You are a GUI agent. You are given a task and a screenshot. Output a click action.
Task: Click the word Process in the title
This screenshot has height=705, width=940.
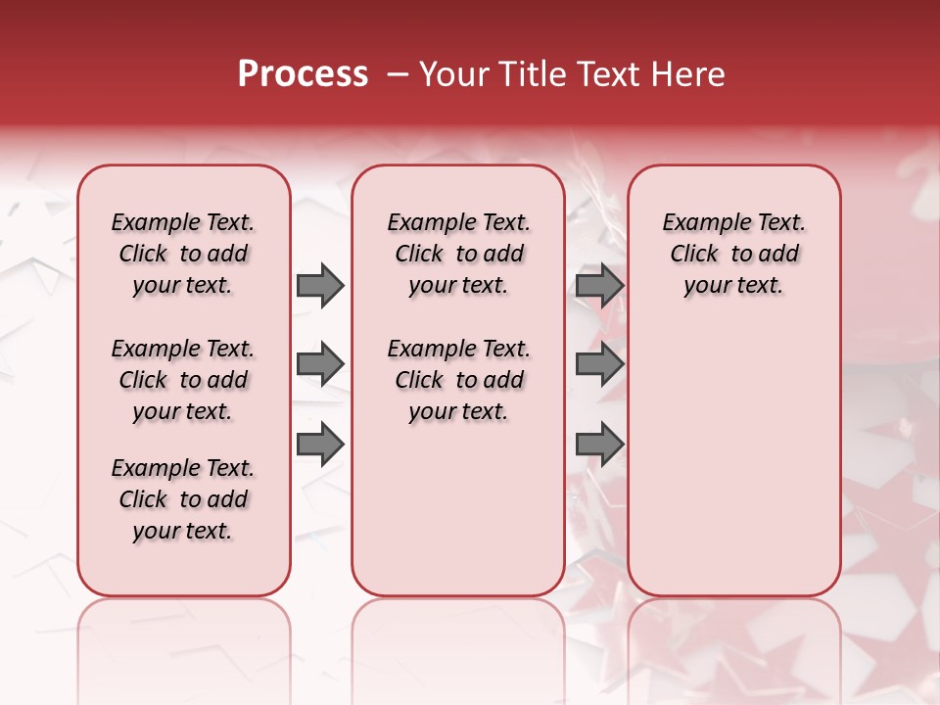coord(303,74)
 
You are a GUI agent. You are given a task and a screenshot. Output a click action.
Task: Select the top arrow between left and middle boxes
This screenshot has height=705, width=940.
coord(320,285)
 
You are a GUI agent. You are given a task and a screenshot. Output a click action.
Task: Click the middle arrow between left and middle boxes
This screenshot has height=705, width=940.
coord(320,365)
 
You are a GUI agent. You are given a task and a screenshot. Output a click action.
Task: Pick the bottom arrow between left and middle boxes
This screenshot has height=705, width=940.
coord(320,446)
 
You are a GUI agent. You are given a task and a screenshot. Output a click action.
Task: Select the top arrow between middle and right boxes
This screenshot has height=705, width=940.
coord(599,285)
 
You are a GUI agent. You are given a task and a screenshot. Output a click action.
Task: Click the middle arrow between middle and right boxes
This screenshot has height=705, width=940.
coord(599,365)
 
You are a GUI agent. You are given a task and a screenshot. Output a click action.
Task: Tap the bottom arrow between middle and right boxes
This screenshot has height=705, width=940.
coord(599,446)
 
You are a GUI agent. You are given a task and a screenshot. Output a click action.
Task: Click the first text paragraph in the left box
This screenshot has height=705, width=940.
coord(183,254)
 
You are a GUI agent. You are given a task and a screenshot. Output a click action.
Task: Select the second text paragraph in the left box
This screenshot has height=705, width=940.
coord(183,380)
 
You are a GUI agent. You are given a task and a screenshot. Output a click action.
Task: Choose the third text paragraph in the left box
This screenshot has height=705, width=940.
coord(183,499)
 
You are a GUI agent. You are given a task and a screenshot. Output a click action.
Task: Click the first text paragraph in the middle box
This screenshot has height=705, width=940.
coord(458,254)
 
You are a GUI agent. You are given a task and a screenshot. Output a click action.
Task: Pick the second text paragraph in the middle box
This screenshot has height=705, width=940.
coord(458,380)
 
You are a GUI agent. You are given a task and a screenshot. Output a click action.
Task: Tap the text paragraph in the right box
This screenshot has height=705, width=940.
coord(733,254)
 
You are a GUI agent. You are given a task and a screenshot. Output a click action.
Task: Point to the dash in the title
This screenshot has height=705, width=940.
coord(398,74)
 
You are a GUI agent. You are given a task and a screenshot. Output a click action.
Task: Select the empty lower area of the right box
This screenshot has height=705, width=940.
coord(733,460)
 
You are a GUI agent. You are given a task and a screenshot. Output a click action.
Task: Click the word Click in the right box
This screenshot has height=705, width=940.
coord(694,255)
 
